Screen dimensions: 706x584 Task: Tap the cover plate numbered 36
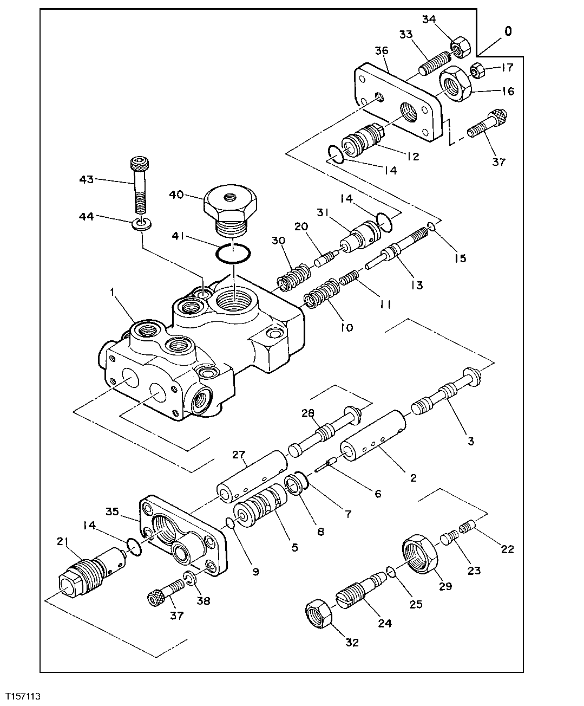(398, 103)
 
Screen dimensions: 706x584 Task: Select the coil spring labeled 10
(321, 297)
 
